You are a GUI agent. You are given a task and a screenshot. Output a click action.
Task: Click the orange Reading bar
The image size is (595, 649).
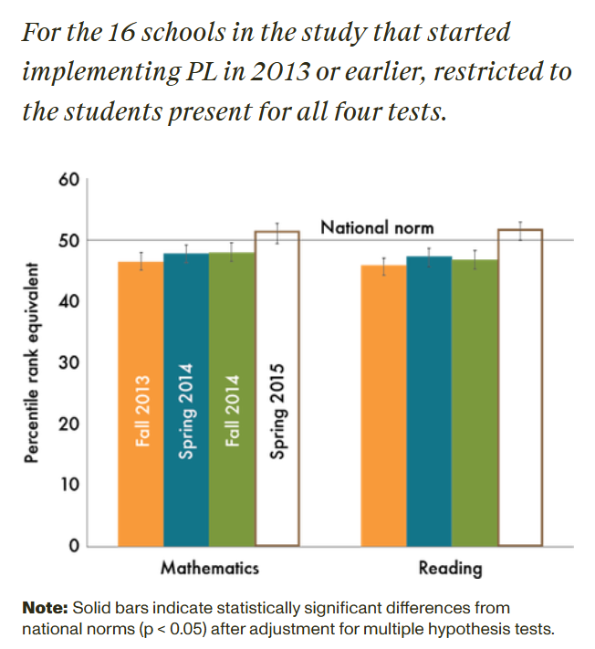(384, 406)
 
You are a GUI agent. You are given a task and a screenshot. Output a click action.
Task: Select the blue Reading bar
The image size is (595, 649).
(429, 402)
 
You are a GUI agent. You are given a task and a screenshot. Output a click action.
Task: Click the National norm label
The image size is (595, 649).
(376, 226)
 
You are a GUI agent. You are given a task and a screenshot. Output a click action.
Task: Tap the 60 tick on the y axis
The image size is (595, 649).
(69, 179)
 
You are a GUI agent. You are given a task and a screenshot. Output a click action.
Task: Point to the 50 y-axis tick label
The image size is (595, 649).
(69, 240)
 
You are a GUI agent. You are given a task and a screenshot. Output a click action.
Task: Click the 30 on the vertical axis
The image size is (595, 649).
(69, 362)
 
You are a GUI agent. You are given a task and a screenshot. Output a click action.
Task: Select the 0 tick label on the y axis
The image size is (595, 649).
(74, 546)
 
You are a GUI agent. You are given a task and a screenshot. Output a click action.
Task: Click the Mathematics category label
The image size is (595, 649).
(209, 568)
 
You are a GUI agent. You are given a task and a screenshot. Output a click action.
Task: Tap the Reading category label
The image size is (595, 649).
(450, 568)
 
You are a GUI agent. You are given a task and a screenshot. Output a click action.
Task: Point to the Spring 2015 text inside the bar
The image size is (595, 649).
(278, 411)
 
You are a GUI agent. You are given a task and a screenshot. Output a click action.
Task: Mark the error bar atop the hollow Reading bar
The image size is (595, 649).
(520, 230)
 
